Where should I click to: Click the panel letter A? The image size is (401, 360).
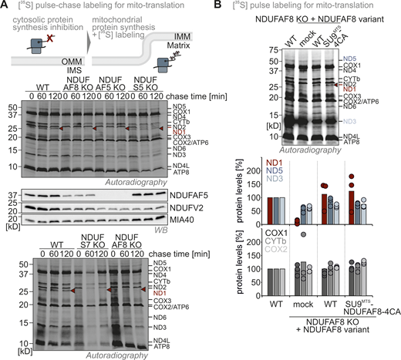coord(5,7)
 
